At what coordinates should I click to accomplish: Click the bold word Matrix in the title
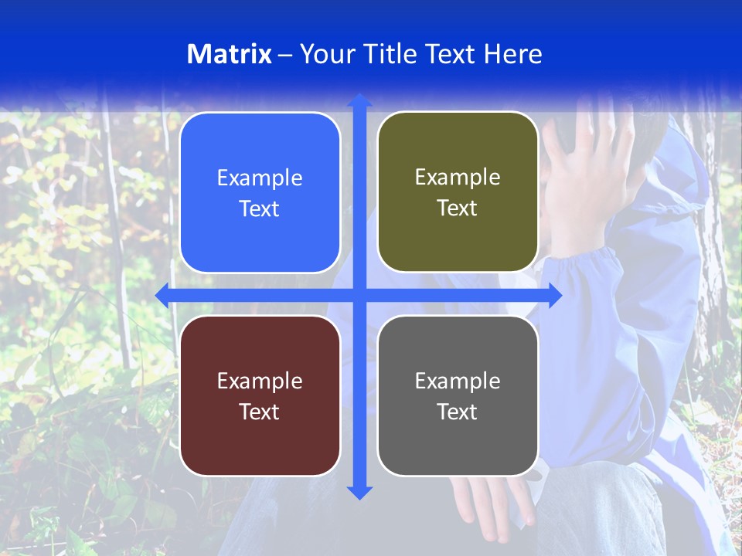[229, 54]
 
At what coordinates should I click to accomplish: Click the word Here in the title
[512, 54]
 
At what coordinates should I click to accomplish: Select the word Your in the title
[327, 54]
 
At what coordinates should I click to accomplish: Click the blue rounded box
[260, 192]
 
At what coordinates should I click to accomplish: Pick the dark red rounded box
[260, 395]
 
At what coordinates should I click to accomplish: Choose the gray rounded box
[458, 395]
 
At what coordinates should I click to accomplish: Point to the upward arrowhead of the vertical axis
[359, 100]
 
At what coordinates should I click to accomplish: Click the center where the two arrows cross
[359, 295]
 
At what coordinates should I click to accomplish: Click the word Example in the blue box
[260, 178]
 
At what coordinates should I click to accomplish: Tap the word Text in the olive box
[458, 208]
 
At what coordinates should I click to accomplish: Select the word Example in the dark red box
[260, 381]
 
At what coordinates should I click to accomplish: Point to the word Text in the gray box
[458, 412]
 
